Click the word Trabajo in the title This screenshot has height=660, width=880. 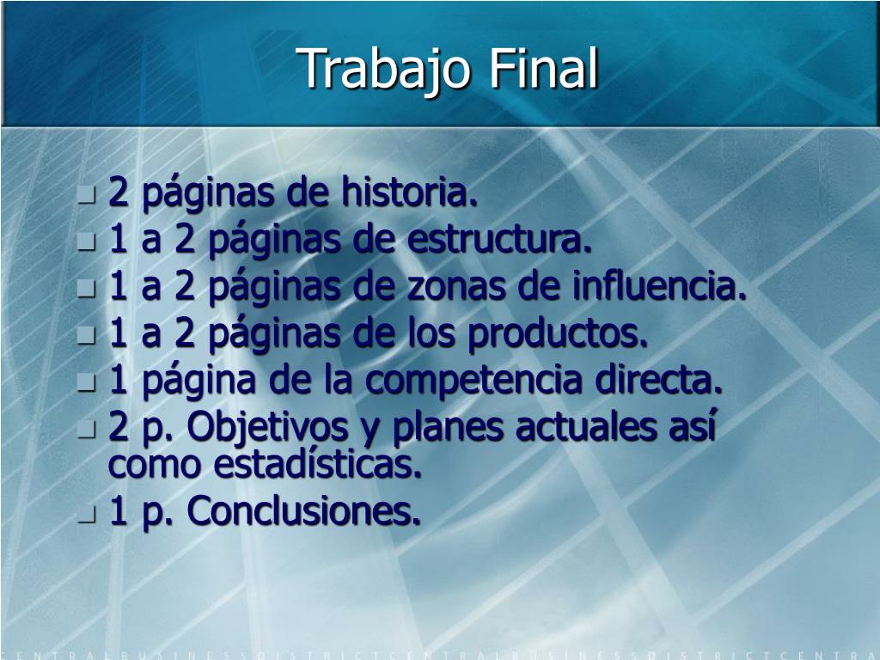coord(383,70)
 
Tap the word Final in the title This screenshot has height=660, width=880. coord(543,67)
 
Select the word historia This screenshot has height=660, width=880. coord(410,192)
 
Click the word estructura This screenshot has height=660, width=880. coord(499,240)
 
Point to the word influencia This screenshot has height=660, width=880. coord(659,285)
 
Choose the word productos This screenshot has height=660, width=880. coord(558,333)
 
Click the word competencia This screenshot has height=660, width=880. coord(474,382)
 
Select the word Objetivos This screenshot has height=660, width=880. coord(267,428)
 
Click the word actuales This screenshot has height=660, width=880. coord(586,428)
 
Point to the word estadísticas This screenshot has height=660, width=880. coord(318,464)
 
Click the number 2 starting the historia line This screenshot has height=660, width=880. coord(119,191)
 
